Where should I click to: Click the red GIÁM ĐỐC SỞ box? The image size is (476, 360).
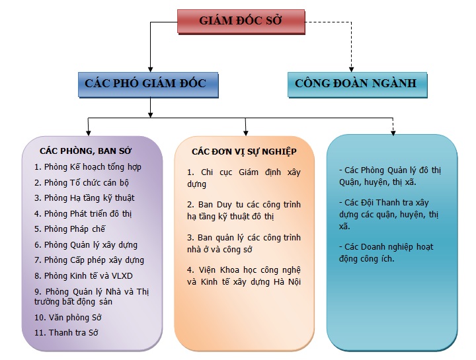(241, 22)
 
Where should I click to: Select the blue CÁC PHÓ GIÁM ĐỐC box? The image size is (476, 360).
(148, 85)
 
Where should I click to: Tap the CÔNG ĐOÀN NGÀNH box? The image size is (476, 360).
(357, 85)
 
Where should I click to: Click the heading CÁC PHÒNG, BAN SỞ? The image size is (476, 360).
(85, 151)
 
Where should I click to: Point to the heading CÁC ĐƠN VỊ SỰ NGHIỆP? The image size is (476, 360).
(244, 152)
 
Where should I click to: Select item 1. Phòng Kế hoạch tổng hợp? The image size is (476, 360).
(88, 167)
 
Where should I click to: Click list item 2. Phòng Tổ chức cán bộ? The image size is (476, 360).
(82, 183)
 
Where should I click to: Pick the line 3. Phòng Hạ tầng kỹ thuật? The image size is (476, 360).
(85, 198)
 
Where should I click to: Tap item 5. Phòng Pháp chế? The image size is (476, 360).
(70, 229)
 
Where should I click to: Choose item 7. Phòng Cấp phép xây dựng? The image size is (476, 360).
(89, 260)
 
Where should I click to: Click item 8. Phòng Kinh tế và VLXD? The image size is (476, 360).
(83, 276)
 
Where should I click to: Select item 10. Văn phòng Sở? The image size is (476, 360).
(67, 318)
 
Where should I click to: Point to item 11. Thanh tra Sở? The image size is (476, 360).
(66, 333)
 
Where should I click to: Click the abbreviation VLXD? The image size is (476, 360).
(122, 276)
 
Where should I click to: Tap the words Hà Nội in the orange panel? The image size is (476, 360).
(287, 282)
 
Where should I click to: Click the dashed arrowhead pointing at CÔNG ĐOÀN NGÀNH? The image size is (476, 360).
(352, 69)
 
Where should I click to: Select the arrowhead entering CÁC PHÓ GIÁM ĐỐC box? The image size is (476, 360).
(150, 69)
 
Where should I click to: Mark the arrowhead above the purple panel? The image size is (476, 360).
(89, 133)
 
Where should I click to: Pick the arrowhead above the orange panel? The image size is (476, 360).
(246, 133)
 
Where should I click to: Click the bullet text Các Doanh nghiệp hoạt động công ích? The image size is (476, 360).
(386, 253)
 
